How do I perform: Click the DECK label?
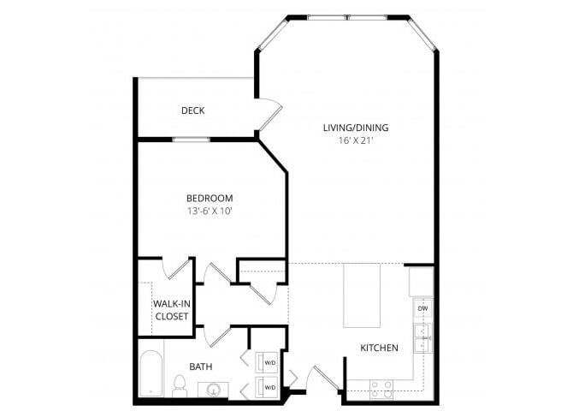192,110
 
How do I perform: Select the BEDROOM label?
210,198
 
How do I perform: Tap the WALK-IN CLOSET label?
171,310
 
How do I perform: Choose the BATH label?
201,366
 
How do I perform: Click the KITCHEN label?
379,348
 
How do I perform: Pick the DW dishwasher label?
422,307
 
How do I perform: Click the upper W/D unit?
268,360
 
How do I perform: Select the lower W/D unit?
268,387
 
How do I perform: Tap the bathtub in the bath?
151,374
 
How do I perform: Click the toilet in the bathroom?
180,387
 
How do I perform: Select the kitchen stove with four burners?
380,388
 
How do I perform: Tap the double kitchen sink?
422,338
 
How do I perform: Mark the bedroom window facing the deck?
192,139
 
